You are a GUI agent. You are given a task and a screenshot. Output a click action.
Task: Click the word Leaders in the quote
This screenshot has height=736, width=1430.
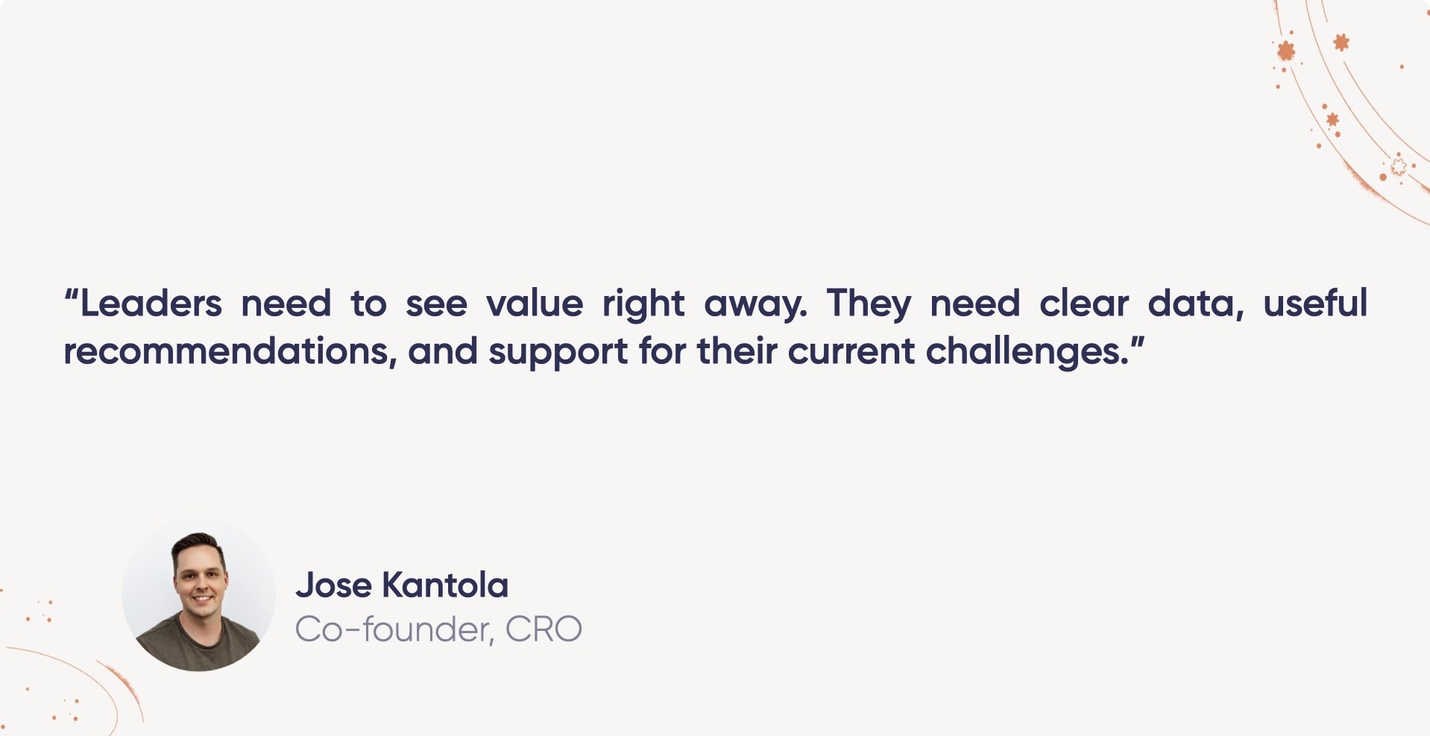(151, 304)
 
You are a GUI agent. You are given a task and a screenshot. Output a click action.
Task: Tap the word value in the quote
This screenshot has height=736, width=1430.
(534, 304)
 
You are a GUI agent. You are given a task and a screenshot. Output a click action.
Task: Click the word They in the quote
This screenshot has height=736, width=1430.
(869, 304)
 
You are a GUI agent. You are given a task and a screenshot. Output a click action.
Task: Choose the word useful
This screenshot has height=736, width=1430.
(1315, 304)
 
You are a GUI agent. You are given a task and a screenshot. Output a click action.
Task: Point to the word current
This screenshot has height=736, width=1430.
(851, 352)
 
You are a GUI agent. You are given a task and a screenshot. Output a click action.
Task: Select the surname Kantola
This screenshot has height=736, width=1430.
(444, 585)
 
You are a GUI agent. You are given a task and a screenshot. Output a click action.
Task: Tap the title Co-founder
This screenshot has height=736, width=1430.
(393, 630)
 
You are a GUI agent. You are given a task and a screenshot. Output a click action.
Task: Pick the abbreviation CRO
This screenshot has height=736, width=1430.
(543, 630)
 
